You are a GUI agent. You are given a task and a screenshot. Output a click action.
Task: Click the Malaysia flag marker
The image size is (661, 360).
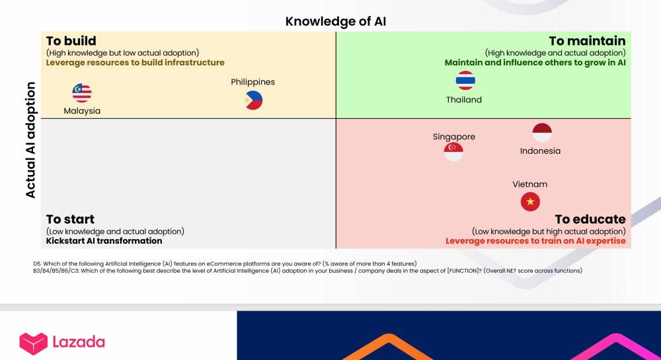click(x=82, y=93)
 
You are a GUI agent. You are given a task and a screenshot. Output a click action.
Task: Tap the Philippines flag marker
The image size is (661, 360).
click(x=254, y=100)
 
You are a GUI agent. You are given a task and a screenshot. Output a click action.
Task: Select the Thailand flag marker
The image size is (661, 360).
click(x=465, y=80)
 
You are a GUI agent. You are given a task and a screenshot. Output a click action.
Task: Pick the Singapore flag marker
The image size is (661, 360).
click(x=453, y=151)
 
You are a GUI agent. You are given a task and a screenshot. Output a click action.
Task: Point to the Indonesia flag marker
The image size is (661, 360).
click(x=542, y=133)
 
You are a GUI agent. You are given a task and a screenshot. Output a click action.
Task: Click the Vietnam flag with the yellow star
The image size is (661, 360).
click(x=530, y=201)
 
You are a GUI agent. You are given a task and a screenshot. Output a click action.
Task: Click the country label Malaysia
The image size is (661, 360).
click(x=82, y=111)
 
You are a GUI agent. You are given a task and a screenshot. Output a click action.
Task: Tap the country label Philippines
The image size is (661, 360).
click(x=253, y=82)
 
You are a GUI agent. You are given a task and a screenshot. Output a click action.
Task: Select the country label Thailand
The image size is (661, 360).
click(x=464, y=100)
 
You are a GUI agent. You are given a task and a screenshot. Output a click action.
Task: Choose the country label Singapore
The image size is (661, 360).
click(x=454, y=137)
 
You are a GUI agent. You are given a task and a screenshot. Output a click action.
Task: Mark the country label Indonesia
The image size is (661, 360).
click(x=541, y=151)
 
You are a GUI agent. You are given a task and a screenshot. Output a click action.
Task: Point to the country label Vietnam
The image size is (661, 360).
click(x=530, y=184)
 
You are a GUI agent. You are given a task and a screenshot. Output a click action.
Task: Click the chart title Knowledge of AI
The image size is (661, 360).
click(x=336, y=22)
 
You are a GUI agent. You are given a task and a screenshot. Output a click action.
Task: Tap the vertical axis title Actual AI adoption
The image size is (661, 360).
click(x=30, y=140)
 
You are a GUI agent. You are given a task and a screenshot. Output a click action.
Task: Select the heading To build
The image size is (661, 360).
click(x=71, y=41)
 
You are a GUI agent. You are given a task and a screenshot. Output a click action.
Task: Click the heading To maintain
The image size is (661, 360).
click(x=587, y=41)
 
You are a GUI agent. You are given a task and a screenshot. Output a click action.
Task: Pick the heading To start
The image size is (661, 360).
click(x=71, y=219)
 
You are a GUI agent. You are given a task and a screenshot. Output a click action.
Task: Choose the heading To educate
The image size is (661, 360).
click(x=590, y=219)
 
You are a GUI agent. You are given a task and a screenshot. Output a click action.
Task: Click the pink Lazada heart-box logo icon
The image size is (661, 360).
click(x=34, y=343)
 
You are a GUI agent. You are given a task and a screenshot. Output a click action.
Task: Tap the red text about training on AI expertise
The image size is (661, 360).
click(x=536, y=241)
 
